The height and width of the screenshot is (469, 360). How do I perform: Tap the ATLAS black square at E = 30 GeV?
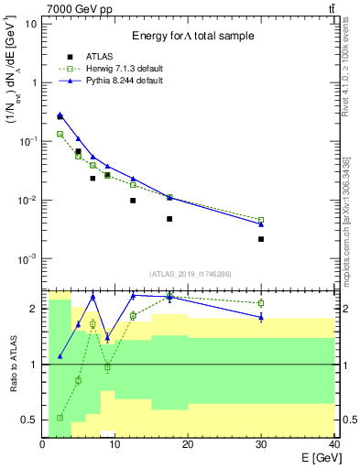[x=261, y=239]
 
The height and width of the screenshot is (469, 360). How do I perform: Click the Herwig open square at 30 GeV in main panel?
[x=261, y=220]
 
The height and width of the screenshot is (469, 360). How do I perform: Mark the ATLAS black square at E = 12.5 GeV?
[x=133, y=201]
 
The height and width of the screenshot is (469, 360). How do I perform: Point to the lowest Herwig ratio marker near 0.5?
[x=60, y=418]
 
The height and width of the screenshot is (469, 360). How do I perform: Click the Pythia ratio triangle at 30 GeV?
[x=261, y=317]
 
